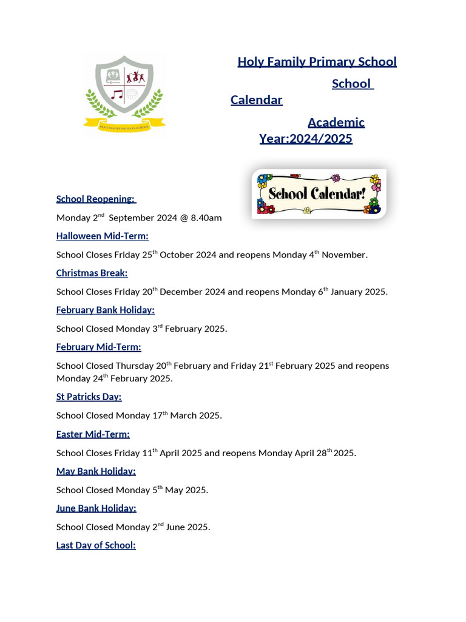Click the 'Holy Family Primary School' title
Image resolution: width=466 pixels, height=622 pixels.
[x=317, y=61]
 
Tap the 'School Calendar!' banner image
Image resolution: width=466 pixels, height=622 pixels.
[x=319, y=194]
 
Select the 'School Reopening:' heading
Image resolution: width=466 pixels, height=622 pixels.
[x=96, y=199]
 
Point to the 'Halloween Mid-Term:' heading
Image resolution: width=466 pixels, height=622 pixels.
[x=102, y=236]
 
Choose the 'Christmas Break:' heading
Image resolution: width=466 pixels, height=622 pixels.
[x=92, y=273]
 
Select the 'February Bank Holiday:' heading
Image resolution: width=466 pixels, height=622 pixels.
[x=105, y=310]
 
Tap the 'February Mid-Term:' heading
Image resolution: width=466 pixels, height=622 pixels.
[x=98, y=347]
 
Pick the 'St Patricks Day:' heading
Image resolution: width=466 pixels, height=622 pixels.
[x=89, y=397]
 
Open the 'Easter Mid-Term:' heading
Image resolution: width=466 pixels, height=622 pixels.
[x=93, y=434]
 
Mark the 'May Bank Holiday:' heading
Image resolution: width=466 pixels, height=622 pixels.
[x=96, y=471]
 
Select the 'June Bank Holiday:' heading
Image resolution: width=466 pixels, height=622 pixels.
[x=96, y=508]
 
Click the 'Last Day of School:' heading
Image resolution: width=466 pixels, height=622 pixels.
[x=96, y=545]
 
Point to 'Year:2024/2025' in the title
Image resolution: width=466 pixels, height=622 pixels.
[x=305, y=138]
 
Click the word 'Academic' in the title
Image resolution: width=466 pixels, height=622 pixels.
[x=336, y=122]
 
